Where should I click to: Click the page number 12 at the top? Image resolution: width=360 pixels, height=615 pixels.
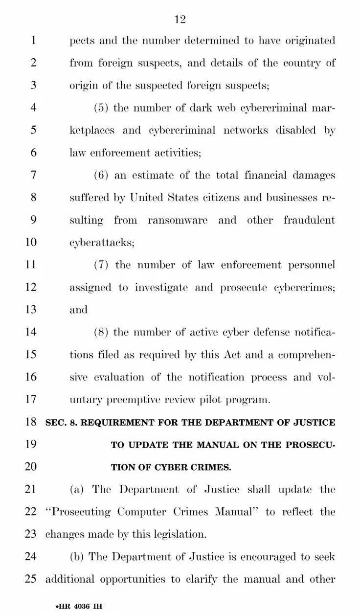[x=180, y=19]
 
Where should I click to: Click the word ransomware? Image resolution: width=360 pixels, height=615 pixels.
[x=178, y=220]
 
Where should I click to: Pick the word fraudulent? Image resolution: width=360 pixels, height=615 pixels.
[x=309, y=220]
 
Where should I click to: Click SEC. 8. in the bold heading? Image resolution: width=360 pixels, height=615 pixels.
[x=61, y=422]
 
